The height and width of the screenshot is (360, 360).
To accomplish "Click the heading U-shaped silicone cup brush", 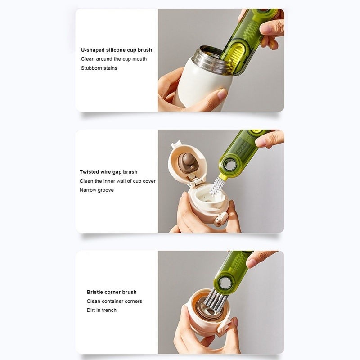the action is (x=117, y=50).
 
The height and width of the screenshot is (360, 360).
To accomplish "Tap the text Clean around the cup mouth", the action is (x=114, y=59).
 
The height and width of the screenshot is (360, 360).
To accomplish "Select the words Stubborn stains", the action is (x=99, y=68).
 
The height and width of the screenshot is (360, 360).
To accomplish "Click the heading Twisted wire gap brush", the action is (x=108, y=172).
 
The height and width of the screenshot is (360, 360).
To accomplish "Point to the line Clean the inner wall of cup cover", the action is (x=117, y=181).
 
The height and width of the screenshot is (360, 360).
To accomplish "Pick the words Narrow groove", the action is (x=96, y=190).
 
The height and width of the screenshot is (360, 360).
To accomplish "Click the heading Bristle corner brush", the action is (x=112, y=292).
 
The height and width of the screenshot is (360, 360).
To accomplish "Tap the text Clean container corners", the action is (x=114, y=301).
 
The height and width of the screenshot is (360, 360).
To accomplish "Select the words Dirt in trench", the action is (x=102, y=310).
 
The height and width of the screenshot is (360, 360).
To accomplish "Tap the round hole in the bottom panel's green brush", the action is (x=222, y=283).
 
